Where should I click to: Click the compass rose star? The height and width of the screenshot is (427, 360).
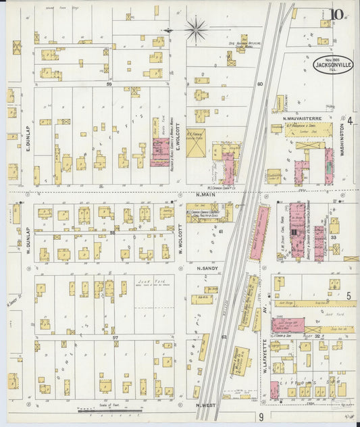pos(196,29)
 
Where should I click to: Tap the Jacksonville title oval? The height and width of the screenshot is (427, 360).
pos(332,64)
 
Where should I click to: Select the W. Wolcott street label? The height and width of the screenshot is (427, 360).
pos(181,236)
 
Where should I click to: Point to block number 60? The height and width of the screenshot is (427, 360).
pos(259,84)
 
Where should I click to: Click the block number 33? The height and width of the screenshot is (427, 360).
pos(334,238)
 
